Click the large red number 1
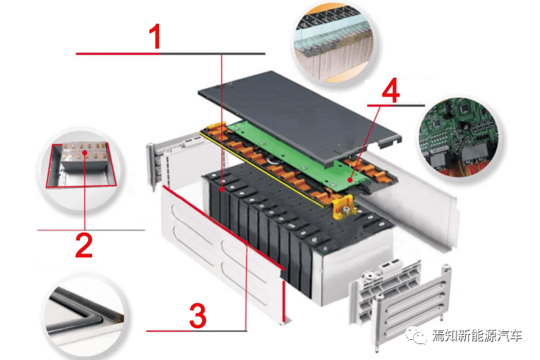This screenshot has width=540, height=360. (156, 37)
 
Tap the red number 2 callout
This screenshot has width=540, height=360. (84, 246)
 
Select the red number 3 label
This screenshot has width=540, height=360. (198, 315)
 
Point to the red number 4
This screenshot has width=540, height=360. (391, 90)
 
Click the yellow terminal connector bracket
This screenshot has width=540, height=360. (343, 207)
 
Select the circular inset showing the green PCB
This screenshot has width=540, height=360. (459, 137)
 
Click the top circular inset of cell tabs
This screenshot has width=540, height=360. (334, 42)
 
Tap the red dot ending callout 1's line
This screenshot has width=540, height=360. (222, 189)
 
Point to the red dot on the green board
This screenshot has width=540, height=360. (350, 179)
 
